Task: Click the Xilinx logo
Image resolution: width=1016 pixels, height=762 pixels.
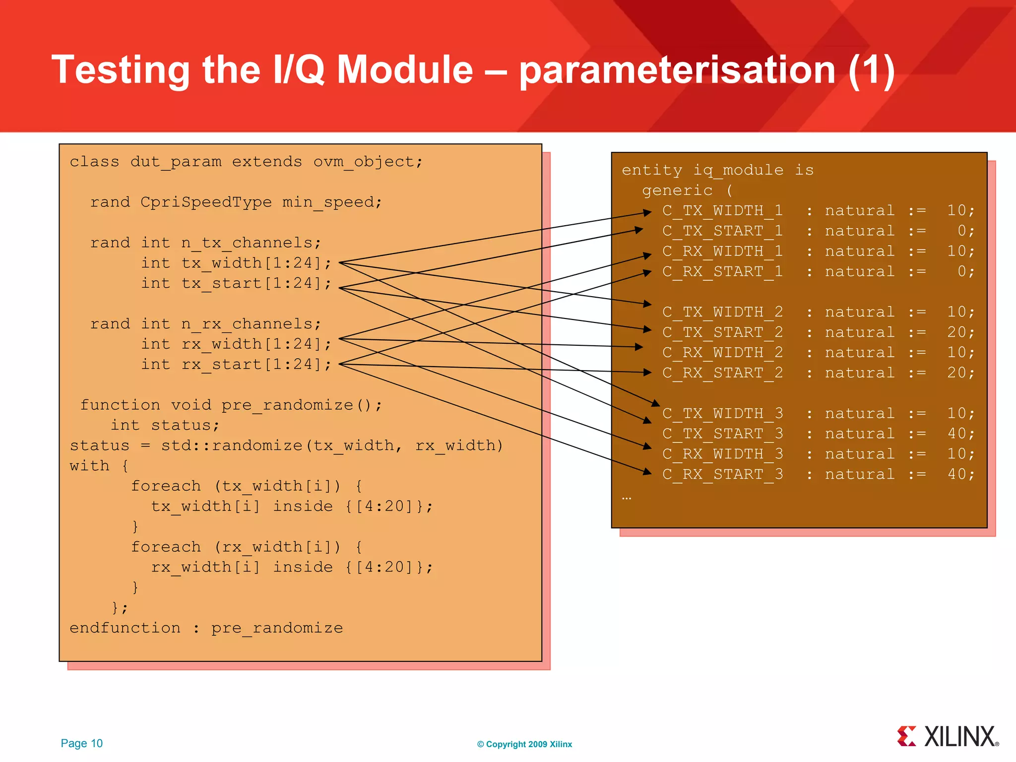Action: (x=948, y=737)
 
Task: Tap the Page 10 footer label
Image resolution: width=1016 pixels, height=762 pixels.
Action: (x=81, y=743)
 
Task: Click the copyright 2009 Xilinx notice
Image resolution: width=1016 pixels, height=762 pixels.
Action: (x=524, y=744)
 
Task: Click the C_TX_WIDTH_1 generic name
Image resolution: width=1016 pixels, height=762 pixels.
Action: (x=722, y=211)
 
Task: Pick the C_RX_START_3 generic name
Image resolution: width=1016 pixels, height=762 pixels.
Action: (x=722, y=475)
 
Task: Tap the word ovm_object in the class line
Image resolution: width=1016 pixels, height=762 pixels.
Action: (x=367, y=162)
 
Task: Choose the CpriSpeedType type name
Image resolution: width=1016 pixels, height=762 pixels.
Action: (x=206, y=202)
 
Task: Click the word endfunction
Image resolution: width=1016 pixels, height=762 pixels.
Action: (x=125, y=628)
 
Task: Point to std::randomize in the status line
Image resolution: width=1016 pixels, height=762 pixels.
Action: (x=231, y=445)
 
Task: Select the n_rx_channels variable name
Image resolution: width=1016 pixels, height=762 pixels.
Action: (x=251, y=324)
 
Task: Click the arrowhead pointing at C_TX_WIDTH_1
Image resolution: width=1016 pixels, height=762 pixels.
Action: (x=647, y=212)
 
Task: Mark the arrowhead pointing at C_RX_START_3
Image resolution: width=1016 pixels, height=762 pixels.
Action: (x=647, y=472)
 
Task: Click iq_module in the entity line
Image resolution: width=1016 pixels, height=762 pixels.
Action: (x=738, y=170)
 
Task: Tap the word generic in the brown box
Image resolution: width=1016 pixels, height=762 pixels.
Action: (x=677, y=190)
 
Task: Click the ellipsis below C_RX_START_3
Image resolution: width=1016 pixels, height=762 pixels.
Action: (x=627, y=498)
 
